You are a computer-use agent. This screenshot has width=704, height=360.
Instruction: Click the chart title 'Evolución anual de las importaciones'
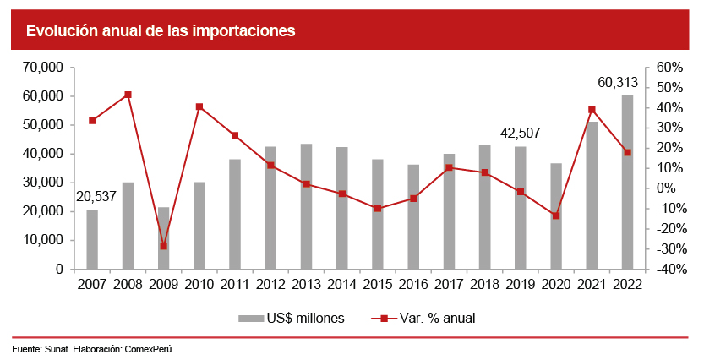(x=160, y=31)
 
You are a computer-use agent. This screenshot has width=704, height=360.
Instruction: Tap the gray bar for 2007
(x=92, y=239)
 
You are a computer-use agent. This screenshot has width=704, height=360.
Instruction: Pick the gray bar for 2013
(x=306, y=206)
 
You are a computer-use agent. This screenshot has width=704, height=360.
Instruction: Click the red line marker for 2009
(x=163, y=246)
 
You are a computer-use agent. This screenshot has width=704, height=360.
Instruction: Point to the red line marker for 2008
(x=128, y=95)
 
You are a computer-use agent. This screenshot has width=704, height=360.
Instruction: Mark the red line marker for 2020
(x=556, y=215)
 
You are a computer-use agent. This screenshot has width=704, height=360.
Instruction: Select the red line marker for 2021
(x=592, y=109)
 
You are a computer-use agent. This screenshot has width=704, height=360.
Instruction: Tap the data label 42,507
(x=521, y=133)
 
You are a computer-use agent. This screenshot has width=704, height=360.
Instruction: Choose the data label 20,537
(x=96, y=196)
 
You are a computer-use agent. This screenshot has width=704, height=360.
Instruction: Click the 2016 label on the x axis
(x=413, y=284)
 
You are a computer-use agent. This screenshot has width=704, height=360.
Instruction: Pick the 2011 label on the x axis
(x=235, y=284)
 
